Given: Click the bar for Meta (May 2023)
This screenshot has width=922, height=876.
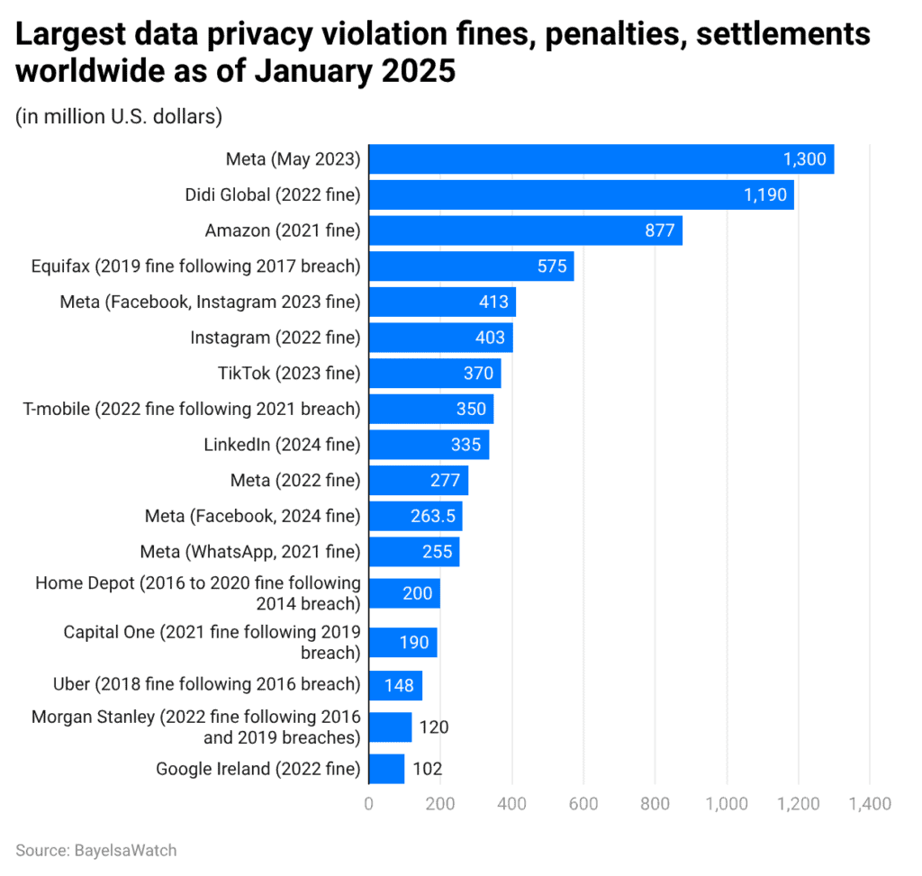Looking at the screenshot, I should [x=601, y=159].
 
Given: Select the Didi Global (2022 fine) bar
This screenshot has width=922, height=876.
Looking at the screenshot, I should [x=581, y=195].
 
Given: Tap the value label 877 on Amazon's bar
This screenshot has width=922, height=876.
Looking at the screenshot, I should [x=660, y=230].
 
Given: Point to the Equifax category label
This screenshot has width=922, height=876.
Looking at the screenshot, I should [x=195, y=266].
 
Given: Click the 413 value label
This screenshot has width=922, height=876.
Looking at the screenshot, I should [x=494, y=303].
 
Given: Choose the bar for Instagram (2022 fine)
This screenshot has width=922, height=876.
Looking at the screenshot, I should [x=440, y=338].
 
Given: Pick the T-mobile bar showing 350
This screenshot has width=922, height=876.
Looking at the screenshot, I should [x=431, y=410].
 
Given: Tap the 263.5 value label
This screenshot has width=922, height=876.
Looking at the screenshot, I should [x=431, y=517].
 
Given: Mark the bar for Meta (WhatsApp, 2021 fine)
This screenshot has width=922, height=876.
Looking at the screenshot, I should [x=414, y=552].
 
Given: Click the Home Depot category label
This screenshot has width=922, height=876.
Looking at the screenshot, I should [x=198, y=593].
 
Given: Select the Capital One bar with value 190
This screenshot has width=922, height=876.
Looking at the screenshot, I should [x=402, y=643].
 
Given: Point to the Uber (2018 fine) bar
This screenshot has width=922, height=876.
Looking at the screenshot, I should [x=395, y=685].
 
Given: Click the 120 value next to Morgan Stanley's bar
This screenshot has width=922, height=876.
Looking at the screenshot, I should [x=433, y=727].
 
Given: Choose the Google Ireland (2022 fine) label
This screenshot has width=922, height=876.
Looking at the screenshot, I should [x=258, y=769].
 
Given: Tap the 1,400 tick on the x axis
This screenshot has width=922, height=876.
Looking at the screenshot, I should [x=869, y=803].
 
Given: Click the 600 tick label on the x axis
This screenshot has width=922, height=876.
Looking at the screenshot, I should [x=583, y=803].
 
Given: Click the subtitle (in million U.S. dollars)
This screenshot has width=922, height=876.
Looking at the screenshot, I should [x=119, y=116].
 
